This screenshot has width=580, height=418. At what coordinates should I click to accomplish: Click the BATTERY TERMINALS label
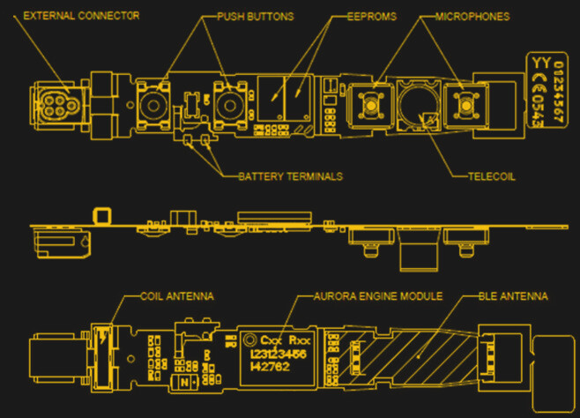(290, 176)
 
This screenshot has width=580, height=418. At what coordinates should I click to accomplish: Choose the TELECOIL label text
(491, 176)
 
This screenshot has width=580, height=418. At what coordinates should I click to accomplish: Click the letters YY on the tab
(535, 63)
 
